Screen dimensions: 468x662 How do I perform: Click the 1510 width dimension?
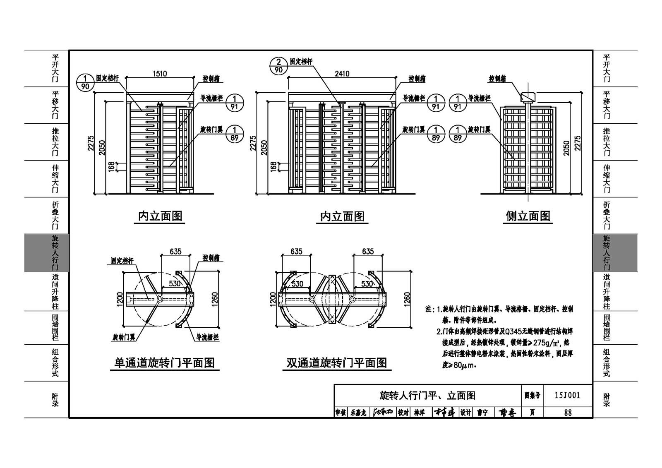pyautogui.click(x=160, y=74)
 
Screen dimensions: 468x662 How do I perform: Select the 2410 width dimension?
pyautogui.click(x=342, y=74)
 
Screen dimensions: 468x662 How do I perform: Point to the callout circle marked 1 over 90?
pyautogui.click(x=86, y=82)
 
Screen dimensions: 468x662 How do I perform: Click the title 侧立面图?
pyautogui.click(x=528, y=216)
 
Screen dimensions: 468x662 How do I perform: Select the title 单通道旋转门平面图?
pyautogui.click(x=165, y=363)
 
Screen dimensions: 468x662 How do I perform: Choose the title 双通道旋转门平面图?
pyautogui.click(x=337, y=363)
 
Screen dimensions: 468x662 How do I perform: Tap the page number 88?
pyautogui.click(x=567, y=413)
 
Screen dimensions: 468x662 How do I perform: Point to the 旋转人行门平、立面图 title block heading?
pyautogui.click(x=427, y=396)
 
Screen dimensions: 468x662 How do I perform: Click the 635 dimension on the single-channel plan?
pyautogui.click(x=175, y=251)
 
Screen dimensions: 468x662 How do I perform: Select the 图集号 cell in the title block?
pyautogui.click(x=532, y=396)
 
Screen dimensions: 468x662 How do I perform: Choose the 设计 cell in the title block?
pyautogui.click(x=466, y=413)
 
